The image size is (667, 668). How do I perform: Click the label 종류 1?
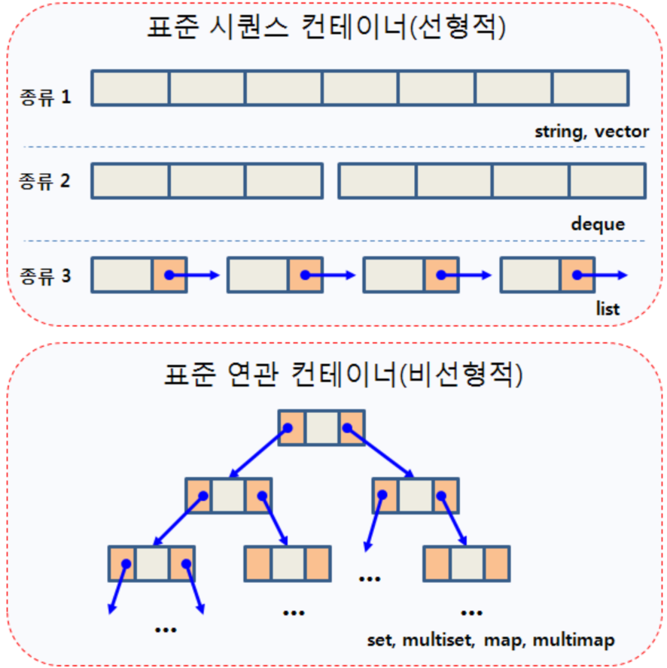(45, 97)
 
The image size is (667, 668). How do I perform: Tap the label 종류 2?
(45, 181)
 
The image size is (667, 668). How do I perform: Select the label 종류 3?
(45, 275)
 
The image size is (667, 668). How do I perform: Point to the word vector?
(621, 132)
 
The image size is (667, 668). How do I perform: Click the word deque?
(598, 224)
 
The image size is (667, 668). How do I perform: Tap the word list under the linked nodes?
(606, 308)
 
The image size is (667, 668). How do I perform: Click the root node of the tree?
(321, 428)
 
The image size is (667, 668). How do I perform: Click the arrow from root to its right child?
(381, 453)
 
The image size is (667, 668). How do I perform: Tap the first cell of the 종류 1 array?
(130, 87)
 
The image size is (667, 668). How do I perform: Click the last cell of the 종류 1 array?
(590, 87)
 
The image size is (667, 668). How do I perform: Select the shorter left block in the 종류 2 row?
(207, 181)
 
